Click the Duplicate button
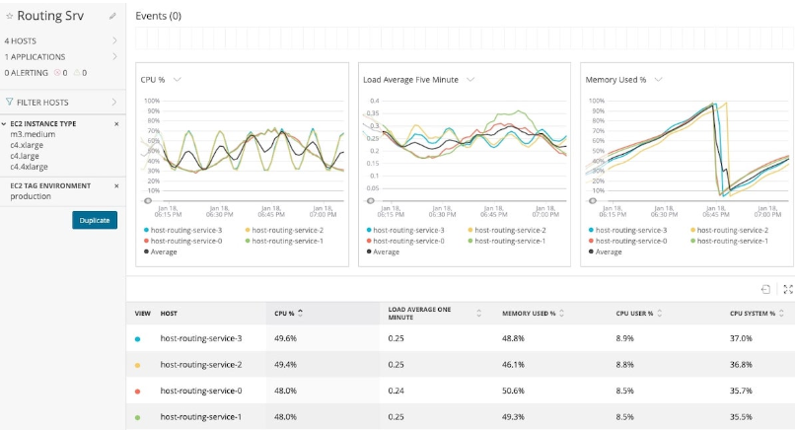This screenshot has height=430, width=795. [95, 220]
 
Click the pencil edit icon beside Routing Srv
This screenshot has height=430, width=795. [112, 16]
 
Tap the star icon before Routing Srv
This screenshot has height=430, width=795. [9, 16]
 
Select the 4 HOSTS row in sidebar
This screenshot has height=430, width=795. [20, 41]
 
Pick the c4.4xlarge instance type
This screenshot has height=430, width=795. [29, 167]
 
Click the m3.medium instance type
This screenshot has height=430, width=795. [30, 133]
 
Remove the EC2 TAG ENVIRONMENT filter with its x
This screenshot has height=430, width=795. [116, 185]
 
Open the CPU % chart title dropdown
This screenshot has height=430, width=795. [177, 80]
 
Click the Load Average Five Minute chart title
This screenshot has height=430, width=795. [410, 79]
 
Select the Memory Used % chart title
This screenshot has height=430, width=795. [615, 79]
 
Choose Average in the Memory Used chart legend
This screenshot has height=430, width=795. [609, 251]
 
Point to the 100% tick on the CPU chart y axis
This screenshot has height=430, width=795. [152, 101]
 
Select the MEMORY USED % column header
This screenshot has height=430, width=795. [531, 313]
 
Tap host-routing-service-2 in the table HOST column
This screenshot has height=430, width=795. [200, 364]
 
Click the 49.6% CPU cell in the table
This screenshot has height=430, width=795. [285, 338]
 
